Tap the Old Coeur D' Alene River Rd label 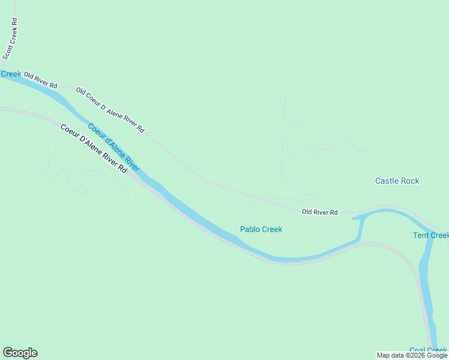tap(110, 110)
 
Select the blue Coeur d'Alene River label tap(113, 147)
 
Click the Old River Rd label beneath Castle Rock tap(320, 212)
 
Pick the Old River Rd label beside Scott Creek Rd tap(41, 79)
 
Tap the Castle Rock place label tap(397, 181)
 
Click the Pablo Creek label tap(261, 229)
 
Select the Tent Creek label tap(430, 235)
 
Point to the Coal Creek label tap(428, 350)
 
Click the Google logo tap(20, 353)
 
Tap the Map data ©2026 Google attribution tap(412, 355)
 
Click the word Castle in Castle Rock tap(387, 181)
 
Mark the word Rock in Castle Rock tap(411, 181)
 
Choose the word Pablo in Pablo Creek tap(250, 229)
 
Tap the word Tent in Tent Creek tap(421, 235)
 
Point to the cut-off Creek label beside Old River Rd tap(10, 74)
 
